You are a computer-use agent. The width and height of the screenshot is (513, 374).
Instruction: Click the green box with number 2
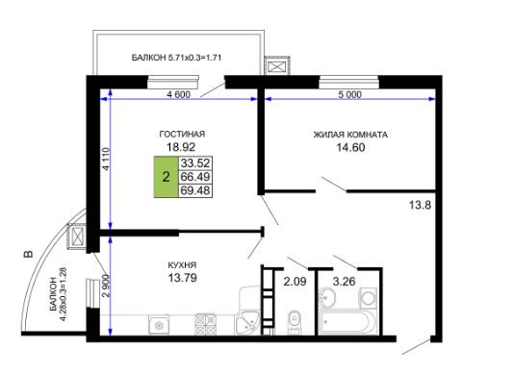167,177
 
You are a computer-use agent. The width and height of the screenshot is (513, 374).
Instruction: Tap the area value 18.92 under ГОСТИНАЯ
181,147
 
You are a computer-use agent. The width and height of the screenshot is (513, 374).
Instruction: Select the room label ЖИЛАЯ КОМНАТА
350,135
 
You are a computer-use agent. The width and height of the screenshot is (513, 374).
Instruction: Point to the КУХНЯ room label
182,264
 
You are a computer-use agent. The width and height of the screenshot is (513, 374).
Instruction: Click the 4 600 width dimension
178,94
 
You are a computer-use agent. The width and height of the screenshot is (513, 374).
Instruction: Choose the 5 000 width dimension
349,94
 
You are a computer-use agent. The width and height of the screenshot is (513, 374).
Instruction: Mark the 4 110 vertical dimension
106,159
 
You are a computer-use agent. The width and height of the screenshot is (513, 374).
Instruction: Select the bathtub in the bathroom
345,322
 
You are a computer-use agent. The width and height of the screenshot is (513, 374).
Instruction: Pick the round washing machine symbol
369,297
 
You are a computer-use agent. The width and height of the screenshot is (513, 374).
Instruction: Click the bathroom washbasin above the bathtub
327,297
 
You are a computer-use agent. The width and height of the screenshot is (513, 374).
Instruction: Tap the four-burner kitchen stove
205,324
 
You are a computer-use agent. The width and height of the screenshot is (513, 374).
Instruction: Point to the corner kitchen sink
246,324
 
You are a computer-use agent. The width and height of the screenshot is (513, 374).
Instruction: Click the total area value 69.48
195,190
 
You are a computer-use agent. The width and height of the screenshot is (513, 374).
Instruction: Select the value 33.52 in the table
195,162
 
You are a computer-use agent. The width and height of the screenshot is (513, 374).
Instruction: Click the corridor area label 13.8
420,206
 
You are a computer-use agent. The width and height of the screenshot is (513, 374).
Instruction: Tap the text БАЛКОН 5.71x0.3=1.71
177,58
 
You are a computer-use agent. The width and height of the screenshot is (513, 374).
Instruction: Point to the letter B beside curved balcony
29,254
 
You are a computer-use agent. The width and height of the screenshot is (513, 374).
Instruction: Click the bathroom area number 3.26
344,281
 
